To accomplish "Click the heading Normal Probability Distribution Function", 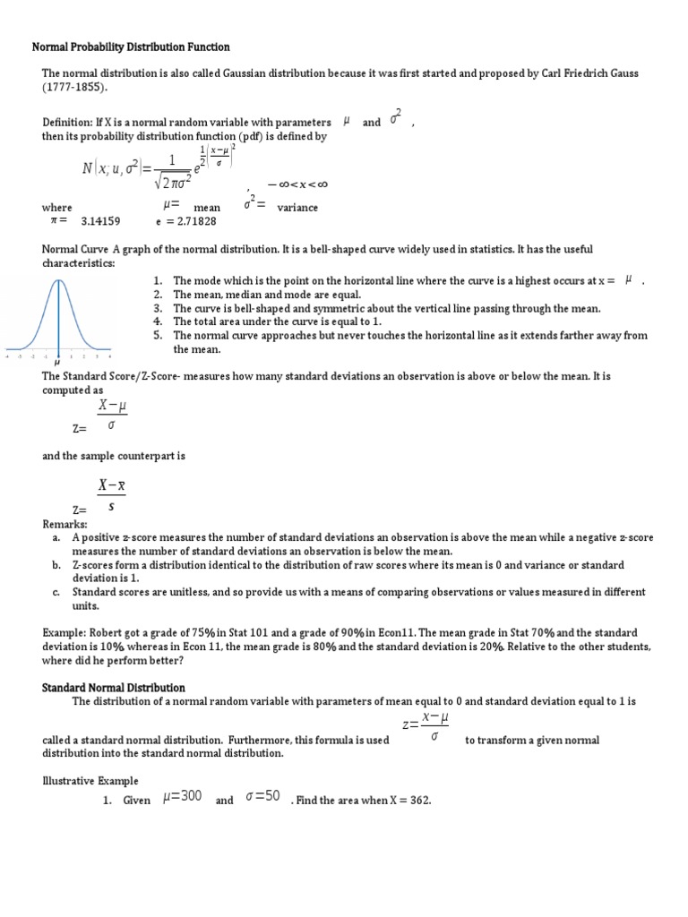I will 131,47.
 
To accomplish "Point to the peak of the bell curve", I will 59,281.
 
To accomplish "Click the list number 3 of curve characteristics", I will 157,308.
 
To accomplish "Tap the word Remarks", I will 65,523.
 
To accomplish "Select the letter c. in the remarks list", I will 56,592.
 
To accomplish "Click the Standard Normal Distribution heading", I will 114,688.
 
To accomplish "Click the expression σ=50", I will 262,797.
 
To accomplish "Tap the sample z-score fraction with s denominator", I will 113,494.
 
